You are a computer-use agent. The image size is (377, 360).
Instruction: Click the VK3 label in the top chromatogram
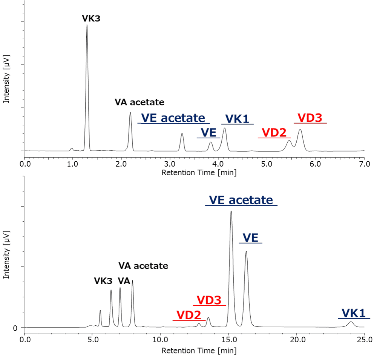coord(91,18)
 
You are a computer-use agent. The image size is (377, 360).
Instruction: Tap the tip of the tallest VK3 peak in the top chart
coord(87,25)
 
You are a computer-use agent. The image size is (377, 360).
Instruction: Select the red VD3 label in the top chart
coord(310,118)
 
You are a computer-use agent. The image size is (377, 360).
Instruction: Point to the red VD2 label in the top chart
coord(274,133)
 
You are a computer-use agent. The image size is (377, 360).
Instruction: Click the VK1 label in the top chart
coord(237,119)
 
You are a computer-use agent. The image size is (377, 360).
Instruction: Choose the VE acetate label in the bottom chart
coord(241,200)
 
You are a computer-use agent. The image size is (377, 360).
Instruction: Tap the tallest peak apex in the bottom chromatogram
coord(231,211)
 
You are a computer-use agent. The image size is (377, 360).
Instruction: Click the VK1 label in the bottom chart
coord(354,313)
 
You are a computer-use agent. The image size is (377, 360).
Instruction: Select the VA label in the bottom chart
coord(124,281)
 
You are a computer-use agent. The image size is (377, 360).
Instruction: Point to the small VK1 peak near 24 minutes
coord(351,322)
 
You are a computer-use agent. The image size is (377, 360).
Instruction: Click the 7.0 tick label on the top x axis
coord(364,164)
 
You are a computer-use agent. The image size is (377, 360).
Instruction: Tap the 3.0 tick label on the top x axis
coord(170,164)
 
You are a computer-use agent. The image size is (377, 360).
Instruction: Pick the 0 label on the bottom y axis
coord(15,328)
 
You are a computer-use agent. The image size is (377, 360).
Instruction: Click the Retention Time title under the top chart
coord(199,173)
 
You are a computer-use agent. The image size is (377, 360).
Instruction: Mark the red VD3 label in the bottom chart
coord(209,300)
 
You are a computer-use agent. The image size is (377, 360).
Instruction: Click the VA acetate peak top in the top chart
coord(130,113)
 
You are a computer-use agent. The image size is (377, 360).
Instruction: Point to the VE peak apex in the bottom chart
coord(246,251)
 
